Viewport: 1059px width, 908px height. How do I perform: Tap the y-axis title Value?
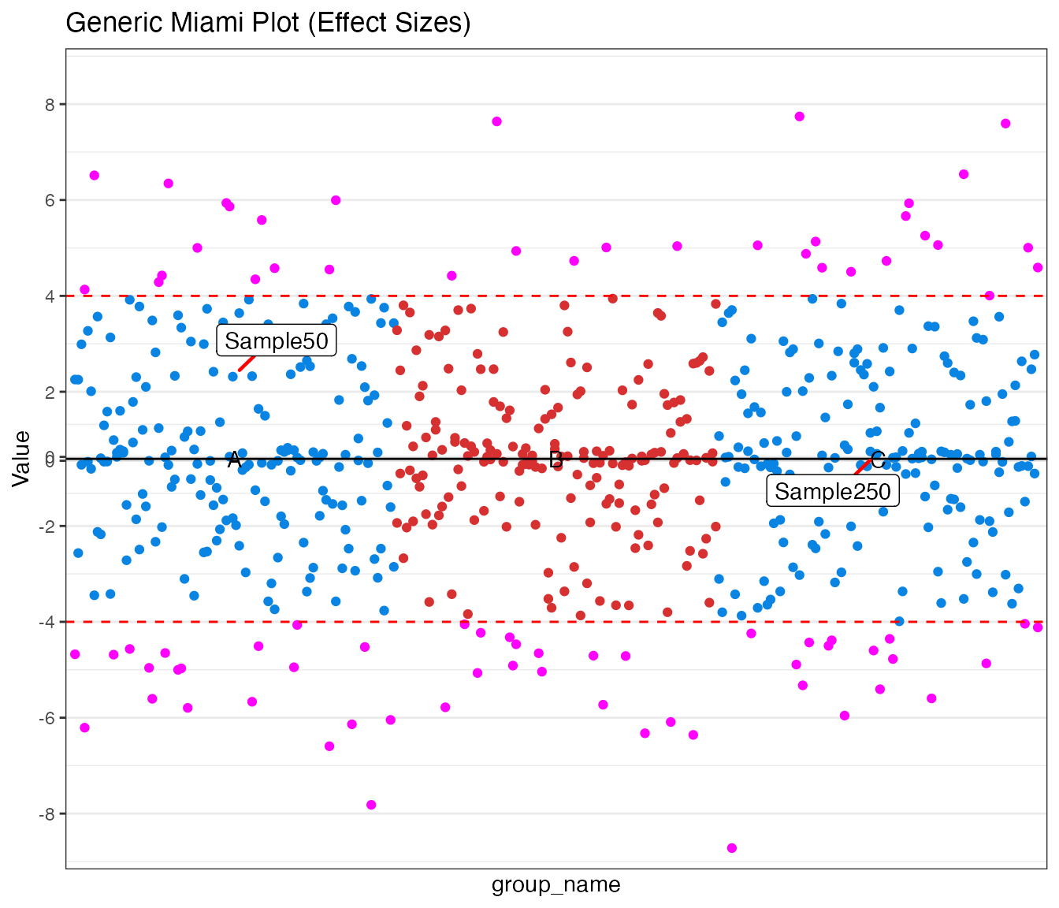pos(22,459)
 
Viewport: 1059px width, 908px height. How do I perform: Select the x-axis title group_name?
pos(556,884)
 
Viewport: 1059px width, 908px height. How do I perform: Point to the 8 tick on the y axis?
pos(50,104)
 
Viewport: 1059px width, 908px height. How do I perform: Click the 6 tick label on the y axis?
pos(50,200)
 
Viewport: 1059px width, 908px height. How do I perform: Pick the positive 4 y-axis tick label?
pos(50,296)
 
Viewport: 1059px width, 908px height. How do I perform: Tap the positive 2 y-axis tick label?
pos(50,392)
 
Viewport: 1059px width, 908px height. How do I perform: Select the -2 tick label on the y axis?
pos(48,526)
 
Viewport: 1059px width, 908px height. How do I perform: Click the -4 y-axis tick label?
pos(48,622)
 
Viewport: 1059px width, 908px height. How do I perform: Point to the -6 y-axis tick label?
pos(48,718)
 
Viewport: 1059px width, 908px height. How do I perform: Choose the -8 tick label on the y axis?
pos(48,813)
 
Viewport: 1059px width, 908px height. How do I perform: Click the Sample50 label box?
pos(276,340)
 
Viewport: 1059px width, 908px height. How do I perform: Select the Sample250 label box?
pos(832,491)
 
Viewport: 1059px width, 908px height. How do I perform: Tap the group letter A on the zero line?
pos(234,460)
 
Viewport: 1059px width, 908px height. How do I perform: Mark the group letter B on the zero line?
pos(556,460)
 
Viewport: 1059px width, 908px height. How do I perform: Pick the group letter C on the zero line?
pos(878,460)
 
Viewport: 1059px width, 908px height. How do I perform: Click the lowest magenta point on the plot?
pos(732,848)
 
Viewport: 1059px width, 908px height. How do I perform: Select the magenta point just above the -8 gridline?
pos(371,805)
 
